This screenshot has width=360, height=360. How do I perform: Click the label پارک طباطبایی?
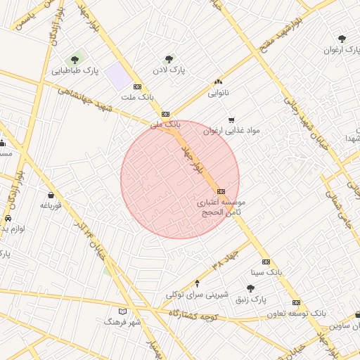[x=75, y=71]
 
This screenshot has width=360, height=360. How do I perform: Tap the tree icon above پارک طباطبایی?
[x=75, y=60]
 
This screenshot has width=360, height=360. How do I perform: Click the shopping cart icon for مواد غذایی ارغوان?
[x=232, y=120]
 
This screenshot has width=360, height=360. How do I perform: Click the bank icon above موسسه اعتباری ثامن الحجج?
[x=221, y=191]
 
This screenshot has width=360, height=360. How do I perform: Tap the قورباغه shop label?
[x=51, y=205]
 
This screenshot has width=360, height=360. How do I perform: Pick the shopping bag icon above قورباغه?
[x=51, y=195]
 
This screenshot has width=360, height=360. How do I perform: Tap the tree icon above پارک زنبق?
[x=250, y=288]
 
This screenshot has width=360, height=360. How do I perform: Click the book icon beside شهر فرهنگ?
[x=123, y=311]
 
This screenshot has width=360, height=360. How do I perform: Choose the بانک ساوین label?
[x=345, y=326]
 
